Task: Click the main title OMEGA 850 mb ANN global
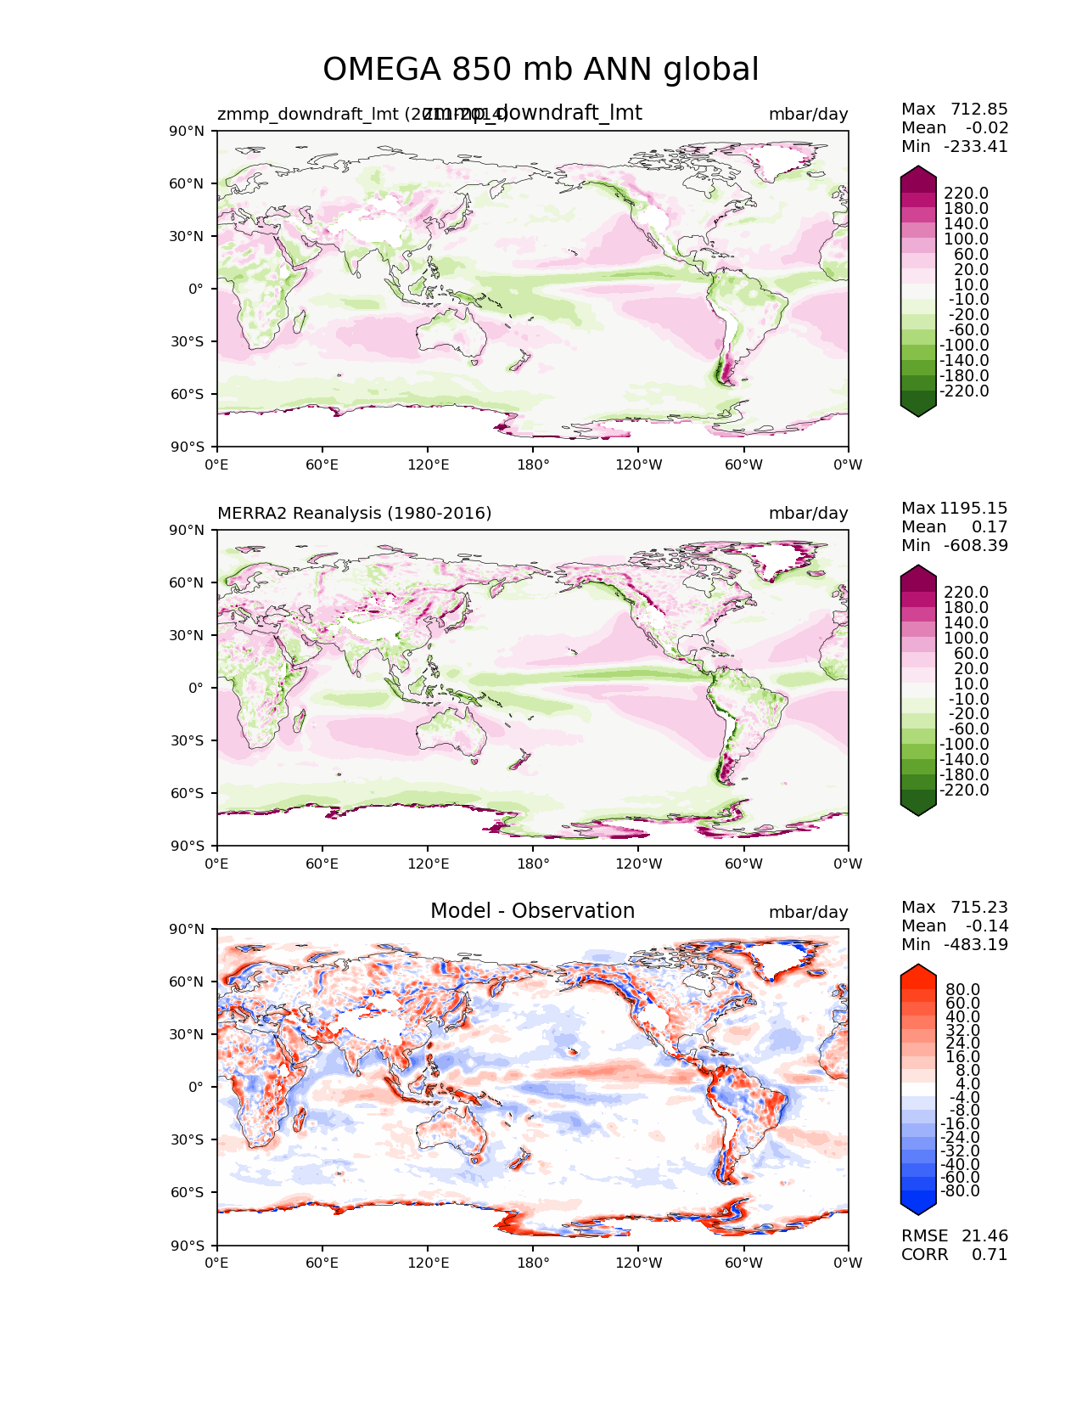pos(541,70)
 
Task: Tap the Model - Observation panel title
pos(532,911)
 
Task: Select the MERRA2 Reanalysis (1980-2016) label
pos(354,514)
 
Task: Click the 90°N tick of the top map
pos(189,132)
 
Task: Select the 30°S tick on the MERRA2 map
pos(189,741)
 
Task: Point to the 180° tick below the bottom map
pos(533,1263)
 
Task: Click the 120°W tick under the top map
pos(639,465)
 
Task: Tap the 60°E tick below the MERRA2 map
pos(322,864)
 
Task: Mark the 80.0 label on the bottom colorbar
pos(963,990)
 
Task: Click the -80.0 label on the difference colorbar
pos(960,1191)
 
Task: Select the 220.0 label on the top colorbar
pos(966,194)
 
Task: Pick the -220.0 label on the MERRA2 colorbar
pos(964,791)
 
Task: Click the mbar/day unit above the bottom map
pos(808,913)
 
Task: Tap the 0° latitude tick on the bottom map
pos(196,1088)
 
